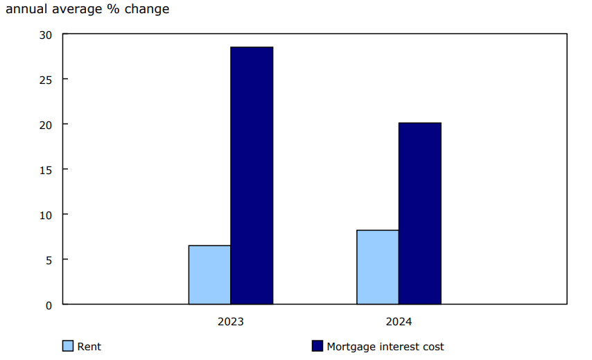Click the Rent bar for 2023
(209, 275)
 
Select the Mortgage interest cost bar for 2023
(252, 175)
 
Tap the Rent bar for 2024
(378, 267)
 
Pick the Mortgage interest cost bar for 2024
(420, 214)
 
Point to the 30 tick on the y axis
(45, 35)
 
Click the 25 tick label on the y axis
(45, 80)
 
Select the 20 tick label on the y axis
(45, 125)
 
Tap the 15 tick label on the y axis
(45, 170)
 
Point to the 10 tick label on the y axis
(45, 215)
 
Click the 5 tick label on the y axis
(49, 260)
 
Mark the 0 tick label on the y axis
(49, 305)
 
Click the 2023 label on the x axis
(230, 322)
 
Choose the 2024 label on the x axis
(399, 322)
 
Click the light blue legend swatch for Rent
(68, 346)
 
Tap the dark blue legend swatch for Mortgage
(317, 346)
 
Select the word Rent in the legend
(89, 346)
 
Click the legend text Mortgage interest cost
(385, 346)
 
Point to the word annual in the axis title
(24, 10)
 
